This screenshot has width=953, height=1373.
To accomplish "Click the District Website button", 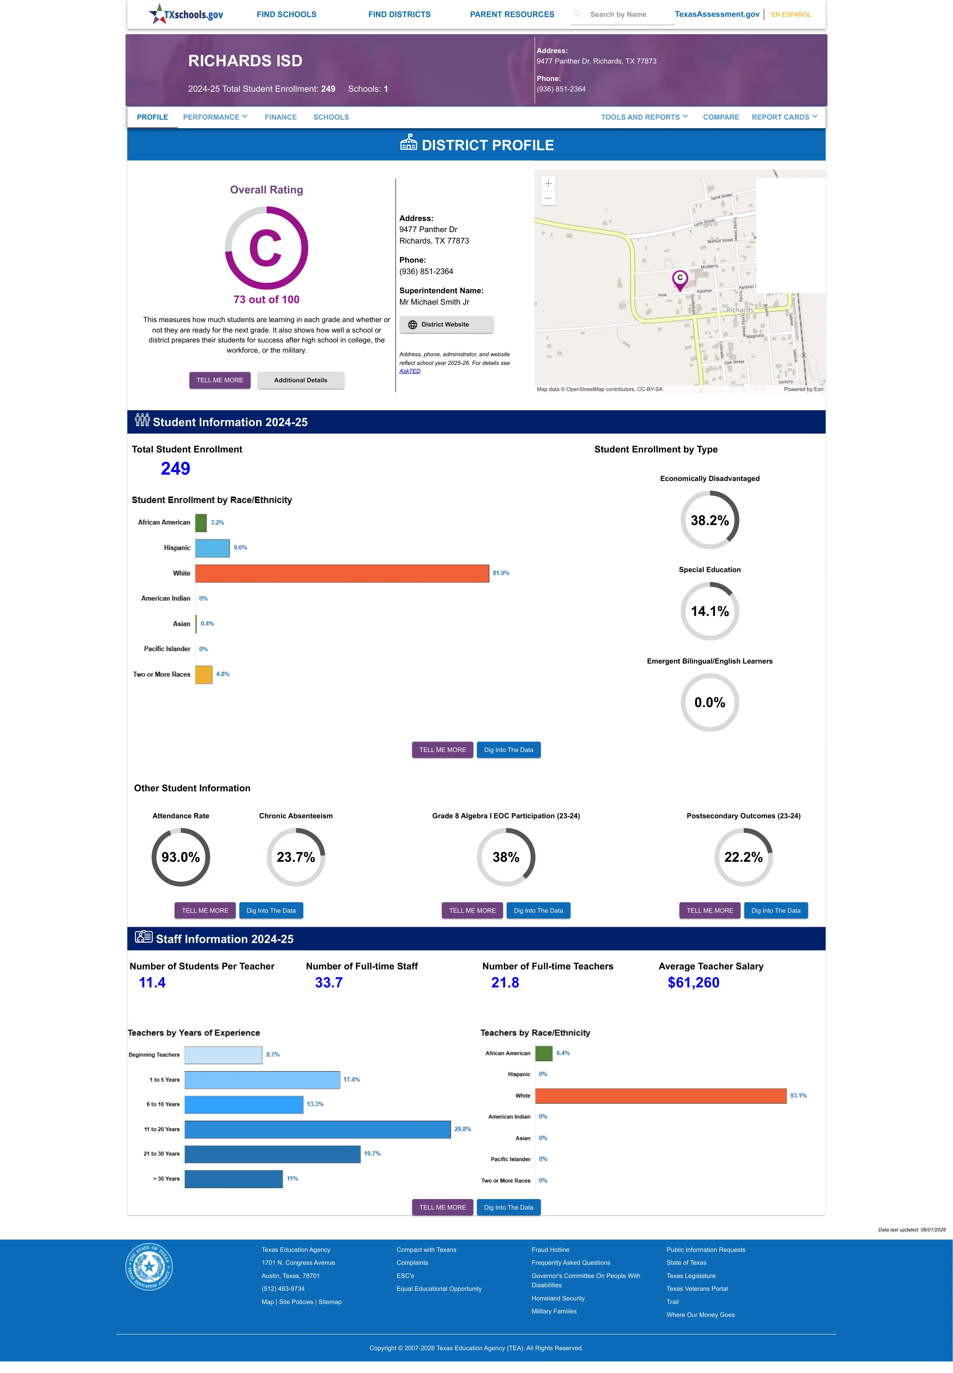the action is tap(446, 325).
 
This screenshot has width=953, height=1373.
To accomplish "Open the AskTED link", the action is tap(410, 371).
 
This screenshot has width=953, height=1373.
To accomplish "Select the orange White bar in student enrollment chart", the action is tap(342, 573).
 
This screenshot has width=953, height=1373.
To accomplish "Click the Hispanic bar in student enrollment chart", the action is tap(212, 548).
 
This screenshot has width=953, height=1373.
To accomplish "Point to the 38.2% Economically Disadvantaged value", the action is tap(709, 520).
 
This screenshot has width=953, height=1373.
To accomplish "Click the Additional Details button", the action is tap(300, 380).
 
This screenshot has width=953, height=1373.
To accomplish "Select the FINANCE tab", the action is tap(281, 117).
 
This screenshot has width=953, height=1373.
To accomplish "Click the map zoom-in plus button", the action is tap(548, 184).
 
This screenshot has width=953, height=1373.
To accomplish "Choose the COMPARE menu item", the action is tap(721, 117).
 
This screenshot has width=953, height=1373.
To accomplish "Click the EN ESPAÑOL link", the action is tap(791, 14).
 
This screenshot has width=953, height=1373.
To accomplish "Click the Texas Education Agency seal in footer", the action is tap(149, 1266).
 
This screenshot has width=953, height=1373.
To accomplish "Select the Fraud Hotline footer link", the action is tap(550, 1249).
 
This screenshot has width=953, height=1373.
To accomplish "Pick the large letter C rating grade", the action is tap(266, 248).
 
